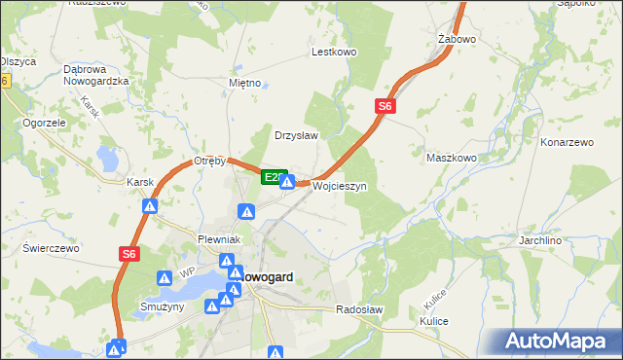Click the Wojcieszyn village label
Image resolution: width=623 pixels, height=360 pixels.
(339, 186)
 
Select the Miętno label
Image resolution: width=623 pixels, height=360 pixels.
(244, 83)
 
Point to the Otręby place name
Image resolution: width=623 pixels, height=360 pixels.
(209, 161)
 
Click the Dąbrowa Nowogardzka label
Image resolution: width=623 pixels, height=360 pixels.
(96, 75)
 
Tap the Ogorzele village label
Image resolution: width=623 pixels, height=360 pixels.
(44, 124)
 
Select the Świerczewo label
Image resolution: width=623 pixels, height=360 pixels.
(50, 248)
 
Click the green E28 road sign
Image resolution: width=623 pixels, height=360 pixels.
(274, 177)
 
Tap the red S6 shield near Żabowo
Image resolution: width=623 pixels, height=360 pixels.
(385, 107)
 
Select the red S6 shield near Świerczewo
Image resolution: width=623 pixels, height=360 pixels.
(130, 253)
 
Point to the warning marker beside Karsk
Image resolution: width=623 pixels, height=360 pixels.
(150, 206)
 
